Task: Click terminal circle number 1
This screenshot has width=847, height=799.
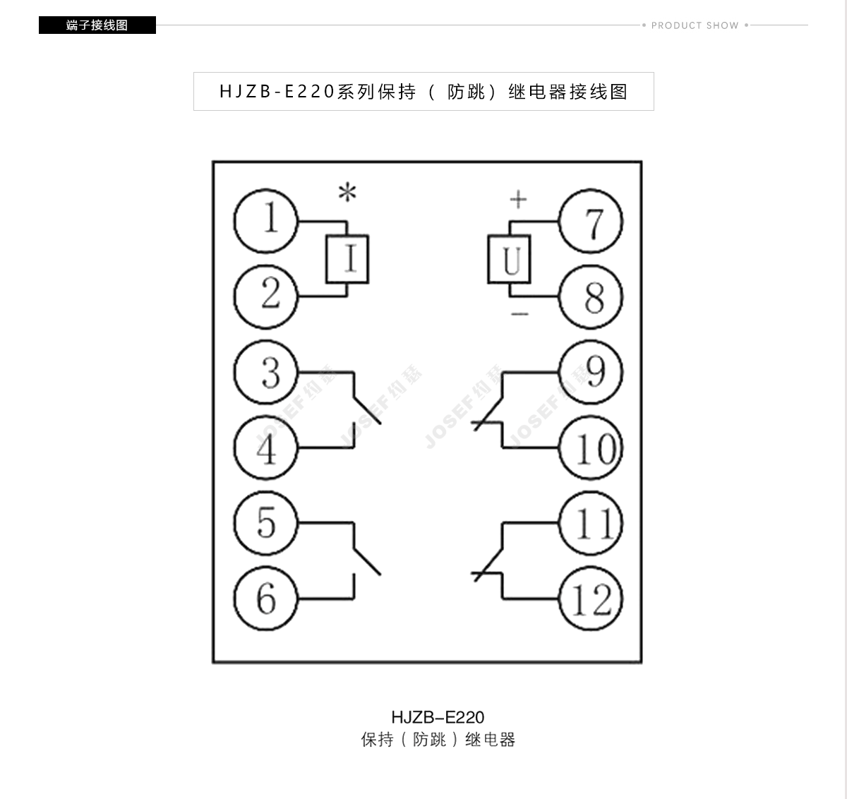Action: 265,221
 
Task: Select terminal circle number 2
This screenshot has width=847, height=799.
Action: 265,296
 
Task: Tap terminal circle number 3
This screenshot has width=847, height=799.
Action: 265,372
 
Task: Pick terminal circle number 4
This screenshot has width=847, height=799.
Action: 265,447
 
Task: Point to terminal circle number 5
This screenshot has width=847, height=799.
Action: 265,523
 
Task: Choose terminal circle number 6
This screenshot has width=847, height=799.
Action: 265,599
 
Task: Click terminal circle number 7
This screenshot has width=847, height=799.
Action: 591,221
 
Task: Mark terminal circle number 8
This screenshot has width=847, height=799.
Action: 591,296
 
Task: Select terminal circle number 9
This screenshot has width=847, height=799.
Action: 591,372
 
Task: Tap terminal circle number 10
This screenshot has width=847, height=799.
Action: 591,447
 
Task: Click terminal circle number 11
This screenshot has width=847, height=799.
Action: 591,523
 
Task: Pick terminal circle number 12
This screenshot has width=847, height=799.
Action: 591,599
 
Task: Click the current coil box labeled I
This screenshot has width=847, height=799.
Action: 347,259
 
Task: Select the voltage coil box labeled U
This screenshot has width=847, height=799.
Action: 509,259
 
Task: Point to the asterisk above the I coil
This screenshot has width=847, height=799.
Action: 347,192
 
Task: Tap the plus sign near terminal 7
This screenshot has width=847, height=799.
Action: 519,199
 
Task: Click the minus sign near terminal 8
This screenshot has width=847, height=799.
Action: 520,314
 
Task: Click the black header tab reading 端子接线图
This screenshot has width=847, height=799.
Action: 97,25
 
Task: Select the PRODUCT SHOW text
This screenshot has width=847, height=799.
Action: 695,25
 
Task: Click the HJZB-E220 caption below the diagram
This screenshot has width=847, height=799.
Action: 438,718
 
